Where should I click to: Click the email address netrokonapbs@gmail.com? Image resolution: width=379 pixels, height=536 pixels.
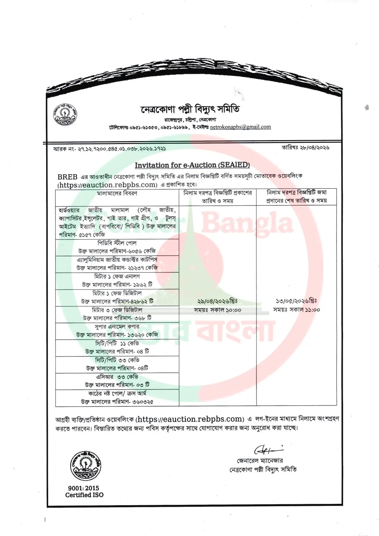tap(240, 127)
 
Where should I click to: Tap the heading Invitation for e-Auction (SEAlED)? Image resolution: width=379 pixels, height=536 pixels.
tap(192, 165)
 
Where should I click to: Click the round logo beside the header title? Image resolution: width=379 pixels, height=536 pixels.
tap(65, 114)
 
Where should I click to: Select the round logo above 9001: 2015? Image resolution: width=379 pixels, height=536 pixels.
tap(85, 466)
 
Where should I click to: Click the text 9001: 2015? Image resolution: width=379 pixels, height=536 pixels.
tap(83, 488)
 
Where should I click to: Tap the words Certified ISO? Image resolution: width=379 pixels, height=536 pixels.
tap(84, 495)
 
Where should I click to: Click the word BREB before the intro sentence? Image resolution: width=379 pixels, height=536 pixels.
tap(67, 177)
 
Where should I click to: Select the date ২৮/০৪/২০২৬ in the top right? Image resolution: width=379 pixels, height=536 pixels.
tap(305, 147)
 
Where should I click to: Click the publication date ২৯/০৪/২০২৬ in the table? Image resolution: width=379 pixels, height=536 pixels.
tap(217, 301)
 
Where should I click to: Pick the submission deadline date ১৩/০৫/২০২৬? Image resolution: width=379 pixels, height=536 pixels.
tap(296, 301)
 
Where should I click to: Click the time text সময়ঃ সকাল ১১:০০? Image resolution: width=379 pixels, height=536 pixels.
tap(296, 310)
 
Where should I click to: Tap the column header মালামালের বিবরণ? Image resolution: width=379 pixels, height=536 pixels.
tap(117, 193)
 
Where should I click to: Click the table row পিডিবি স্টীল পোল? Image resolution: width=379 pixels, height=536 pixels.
tap(117, 243)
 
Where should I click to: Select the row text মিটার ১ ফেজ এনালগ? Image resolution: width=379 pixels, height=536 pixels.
tap(117, 276)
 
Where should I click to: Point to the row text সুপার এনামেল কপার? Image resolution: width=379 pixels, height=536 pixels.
tap(117, 327)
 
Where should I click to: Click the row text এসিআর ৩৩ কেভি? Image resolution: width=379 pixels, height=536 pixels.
tap(117, 377)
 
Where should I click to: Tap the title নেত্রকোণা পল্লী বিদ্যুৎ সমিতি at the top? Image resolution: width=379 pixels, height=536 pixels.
tap(190, 109)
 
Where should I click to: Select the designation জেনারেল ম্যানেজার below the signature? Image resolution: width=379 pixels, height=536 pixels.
tap(260, 461)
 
